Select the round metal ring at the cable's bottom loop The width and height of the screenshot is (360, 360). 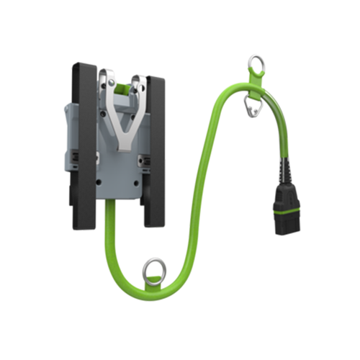coord(153,271)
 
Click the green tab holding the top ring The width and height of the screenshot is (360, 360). coord(257,88)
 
